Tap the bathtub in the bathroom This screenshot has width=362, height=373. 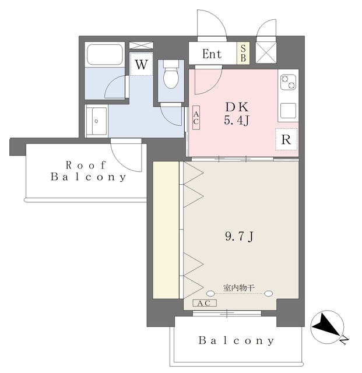pyautogui.click(x=105, y=54)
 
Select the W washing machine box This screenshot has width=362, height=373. pyautogui.click(x=142, y=64)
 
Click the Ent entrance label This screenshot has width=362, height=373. pyautogui.click(x=212, y=54)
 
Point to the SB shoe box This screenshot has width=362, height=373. pyautogui.click(x=243, y=53)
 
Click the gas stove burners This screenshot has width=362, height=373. pyautogui.click(x=288, y=82)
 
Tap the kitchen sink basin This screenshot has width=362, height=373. pyautogui.click(x=288, y=111)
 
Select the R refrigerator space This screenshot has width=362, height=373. pyautogui.click(x=286, y=139)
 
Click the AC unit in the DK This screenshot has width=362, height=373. pyautogui.click(x=196, y=118)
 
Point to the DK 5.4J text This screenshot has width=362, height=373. pyautogui.click(x=237, y=114)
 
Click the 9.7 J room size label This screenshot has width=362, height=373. pyautogui.click(x=239, y=237)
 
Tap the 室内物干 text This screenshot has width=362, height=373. pyautogui.click(x=239, y=288)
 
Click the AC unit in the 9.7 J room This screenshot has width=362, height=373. pyautogui.click(x=205, y=303)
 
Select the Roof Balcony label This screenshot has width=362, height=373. pyautogui.click(x=88, y=171)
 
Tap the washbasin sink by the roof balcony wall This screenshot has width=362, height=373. pyautogui.click(x=96, y=121)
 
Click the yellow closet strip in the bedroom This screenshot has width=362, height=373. pyautogui.click(x=166, y=230)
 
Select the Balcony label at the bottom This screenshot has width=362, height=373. pyautogui.click(x=236, y=340)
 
